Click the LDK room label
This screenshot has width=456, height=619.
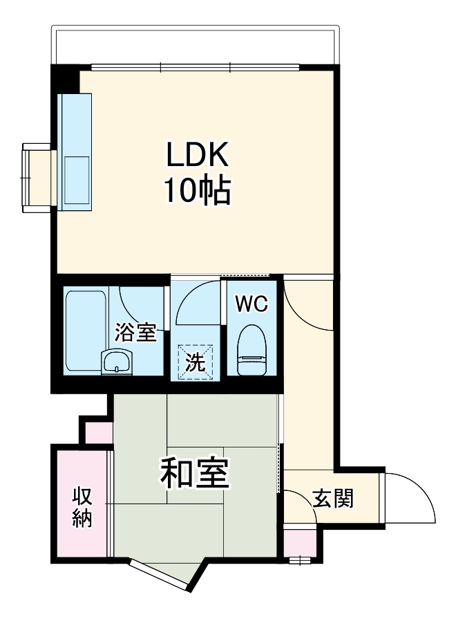[197, 156]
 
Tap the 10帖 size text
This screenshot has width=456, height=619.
[197, 190]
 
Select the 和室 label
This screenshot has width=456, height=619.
[196, 474]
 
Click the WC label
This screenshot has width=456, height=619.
[249, 304]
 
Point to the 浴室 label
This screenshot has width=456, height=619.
[135, 333]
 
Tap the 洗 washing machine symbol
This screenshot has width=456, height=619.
[196, 361]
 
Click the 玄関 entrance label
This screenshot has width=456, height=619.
[334, 498]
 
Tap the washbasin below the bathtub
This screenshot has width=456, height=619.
[116, 362]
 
